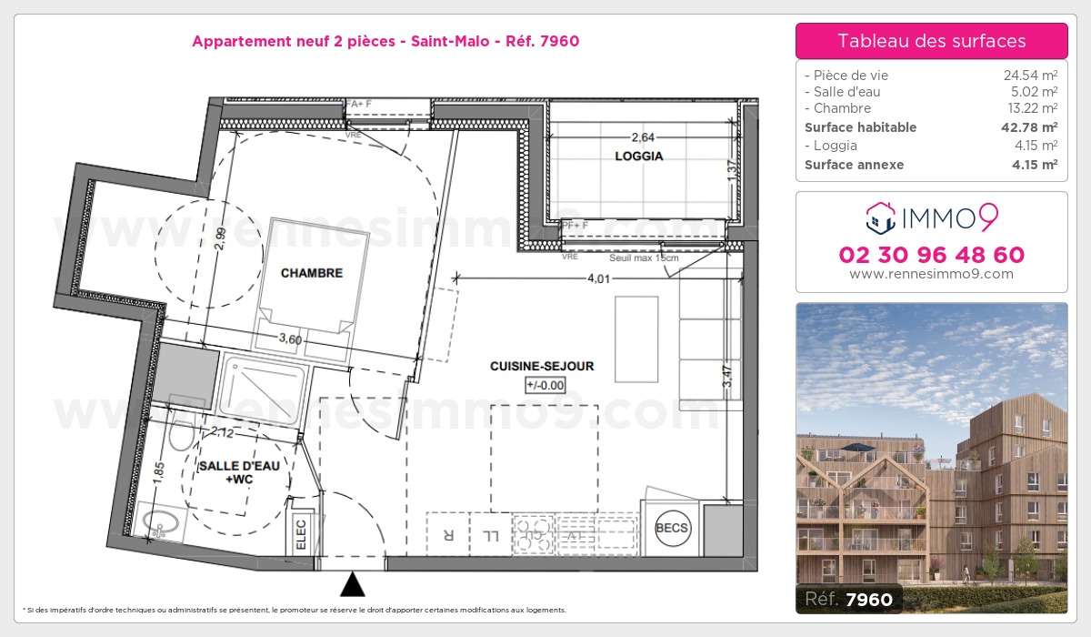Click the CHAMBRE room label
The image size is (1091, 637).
coord(311,273)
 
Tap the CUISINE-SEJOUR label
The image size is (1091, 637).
coord(542,366)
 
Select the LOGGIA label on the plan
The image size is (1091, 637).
coord(638,156)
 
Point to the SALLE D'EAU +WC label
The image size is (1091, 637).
coord(233,471)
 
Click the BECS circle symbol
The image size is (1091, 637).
coord(673,529)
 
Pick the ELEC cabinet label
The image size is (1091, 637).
coord(301,533)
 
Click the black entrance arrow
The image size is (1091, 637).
coord(353,583)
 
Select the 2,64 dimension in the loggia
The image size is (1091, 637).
coord(642,137)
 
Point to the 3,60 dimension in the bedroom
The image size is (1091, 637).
coord(290,339)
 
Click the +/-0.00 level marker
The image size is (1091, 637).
coord(545,385)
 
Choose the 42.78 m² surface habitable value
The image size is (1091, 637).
coord(1028,127)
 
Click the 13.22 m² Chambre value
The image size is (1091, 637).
coord(1029,108)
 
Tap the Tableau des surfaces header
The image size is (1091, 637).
coord(931,41)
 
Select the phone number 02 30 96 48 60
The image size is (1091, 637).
coord(931,255)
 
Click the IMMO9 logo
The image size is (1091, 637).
coord(931,217)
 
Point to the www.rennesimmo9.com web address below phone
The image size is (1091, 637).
coord(931,274)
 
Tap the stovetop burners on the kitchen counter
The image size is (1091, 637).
coord(534,534)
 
